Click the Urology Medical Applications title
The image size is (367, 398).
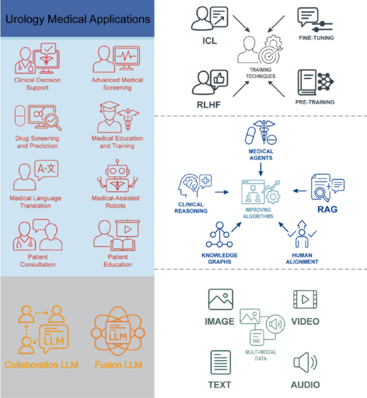click(78, 19)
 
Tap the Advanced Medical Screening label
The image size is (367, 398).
click(117, 84)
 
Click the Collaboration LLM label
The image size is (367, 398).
click(41, 365)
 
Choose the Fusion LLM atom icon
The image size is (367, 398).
click(118, 335)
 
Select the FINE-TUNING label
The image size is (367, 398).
click(316, 38)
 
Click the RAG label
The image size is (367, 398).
click(327, 209)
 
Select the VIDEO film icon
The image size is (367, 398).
click(305, 300)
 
